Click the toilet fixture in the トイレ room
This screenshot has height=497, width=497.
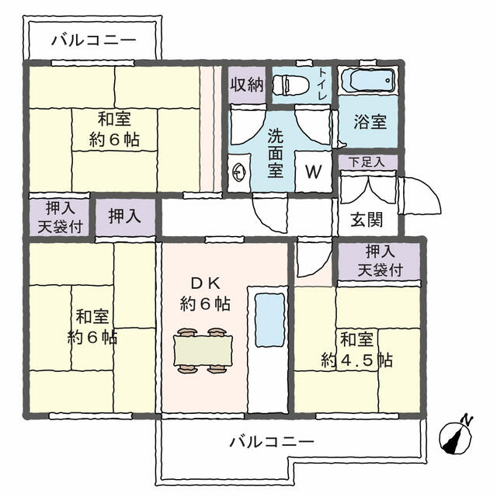tap(291, 85)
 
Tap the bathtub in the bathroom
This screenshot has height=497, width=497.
tap(368, 80)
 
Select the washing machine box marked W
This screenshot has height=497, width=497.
tap(314, 172)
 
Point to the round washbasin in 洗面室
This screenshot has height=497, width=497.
tap(239, 172)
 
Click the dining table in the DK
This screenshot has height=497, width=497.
tap(203, 351)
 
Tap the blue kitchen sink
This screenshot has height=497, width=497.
tap(269, 320)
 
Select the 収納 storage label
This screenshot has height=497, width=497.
tap(247, 85)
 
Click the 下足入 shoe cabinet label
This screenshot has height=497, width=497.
tap(367, 162)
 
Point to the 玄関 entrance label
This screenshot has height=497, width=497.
tap(367, 220)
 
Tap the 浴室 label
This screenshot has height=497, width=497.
tap(370, 122)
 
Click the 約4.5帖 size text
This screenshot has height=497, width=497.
tap(357, 360)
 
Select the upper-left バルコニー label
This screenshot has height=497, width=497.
tap(94, 40)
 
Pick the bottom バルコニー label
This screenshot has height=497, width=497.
tap(272, 442)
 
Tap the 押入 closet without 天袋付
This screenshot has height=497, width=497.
tap(124, 217)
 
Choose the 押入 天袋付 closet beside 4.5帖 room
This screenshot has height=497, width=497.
tap(380, 261)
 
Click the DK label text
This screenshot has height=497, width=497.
tap(206, 283)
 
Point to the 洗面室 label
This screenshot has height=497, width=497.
tap(275, 154)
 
